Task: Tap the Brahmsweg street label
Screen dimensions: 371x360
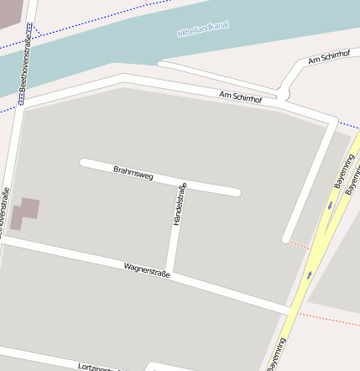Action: pos(133,174)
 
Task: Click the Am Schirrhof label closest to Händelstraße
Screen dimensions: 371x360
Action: pos(240,97)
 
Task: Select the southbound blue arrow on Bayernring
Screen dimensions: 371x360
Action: pos(331,204)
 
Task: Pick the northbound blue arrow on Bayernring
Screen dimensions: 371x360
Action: pos(310,274)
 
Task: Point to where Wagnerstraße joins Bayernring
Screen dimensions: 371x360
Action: pos(291,311)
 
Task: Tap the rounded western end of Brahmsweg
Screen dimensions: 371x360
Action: pos(84,163)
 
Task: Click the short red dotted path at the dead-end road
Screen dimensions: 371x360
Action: pos(299,244)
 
